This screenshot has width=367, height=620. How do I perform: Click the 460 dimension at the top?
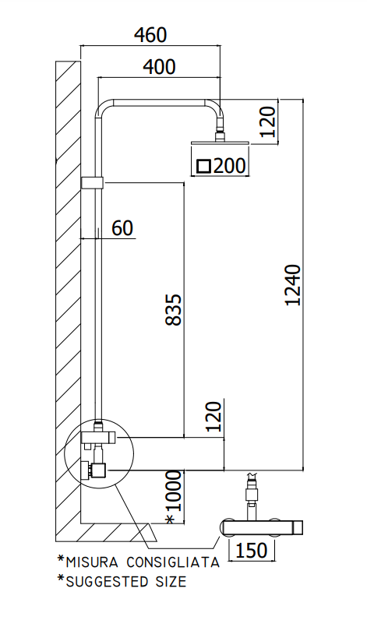150,35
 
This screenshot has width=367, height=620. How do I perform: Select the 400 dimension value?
159,67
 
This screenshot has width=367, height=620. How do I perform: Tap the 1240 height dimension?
293,285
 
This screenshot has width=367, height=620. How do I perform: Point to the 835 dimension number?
173,309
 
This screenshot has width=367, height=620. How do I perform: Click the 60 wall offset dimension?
122,228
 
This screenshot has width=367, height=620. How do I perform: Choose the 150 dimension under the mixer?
251,550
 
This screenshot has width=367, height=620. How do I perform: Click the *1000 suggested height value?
173,497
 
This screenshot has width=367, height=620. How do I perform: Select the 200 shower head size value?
229,165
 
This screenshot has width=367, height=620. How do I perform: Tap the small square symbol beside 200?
203,166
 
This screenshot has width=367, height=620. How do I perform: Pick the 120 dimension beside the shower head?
269,122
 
